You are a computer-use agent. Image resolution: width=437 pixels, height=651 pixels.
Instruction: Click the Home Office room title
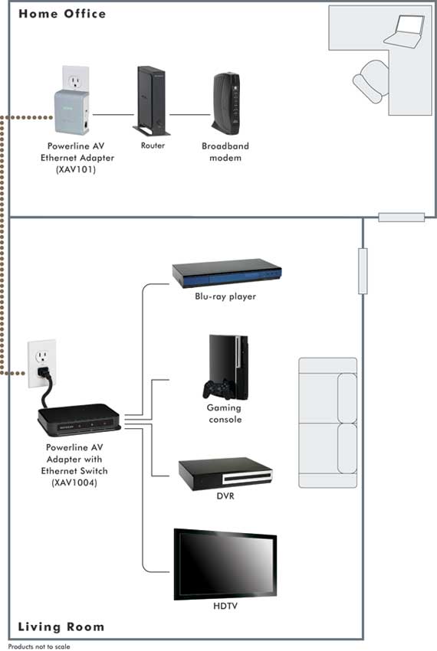[62, 14]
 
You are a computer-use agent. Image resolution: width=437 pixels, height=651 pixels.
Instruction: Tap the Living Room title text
[61, 627]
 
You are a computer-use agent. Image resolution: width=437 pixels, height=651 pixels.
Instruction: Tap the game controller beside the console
[218, 389]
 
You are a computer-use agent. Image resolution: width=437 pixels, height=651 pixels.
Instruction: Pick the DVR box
[225, 474]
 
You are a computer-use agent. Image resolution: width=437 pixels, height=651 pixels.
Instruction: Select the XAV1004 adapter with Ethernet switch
[80, 420]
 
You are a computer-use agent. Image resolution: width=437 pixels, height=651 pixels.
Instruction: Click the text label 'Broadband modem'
[225, 152]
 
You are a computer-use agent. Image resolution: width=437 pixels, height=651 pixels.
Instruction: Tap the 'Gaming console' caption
[225, 414]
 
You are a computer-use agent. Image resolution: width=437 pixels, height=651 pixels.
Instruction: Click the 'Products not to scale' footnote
[35, 646]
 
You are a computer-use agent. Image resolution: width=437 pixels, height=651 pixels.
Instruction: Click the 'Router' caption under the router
[153, 145]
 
